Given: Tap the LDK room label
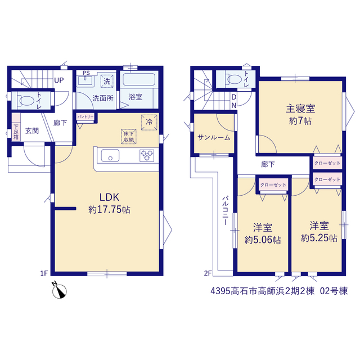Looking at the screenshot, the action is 109,197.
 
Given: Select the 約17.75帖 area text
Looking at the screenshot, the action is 109,210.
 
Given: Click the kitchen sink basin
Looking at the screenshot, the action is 110,156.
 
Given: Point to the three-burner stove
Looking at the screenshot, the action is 147,155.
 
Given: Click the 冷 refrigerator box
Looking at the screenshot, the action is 149,122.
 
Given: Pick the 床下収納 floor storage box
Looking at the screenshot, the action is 129,137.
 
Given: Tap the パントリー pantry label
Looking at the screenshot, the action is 85,117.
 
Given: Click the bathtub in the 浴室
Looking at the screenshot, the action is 139,80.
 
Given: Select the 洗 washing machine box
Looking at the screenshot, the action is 107,81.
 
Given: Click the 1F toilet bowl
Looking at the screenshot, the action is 26,101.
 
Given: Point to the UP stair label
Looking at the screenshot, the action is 58,80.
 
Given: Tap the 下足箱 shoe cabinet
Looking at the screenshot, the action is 16,132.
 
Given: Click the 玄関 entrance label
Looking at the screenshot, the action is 32,131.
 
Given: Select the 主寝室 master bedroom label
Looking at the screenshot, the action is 300,109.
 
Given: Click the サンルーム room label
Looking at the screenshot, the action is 214,137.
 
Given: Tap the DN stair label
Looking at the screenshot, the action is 234,101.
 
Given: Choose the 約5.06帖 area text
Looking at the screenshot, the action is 263,240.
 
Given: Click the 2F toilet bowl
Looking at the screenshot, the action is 235,79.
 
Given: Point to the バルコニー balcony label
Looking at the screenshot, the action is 226,210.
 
